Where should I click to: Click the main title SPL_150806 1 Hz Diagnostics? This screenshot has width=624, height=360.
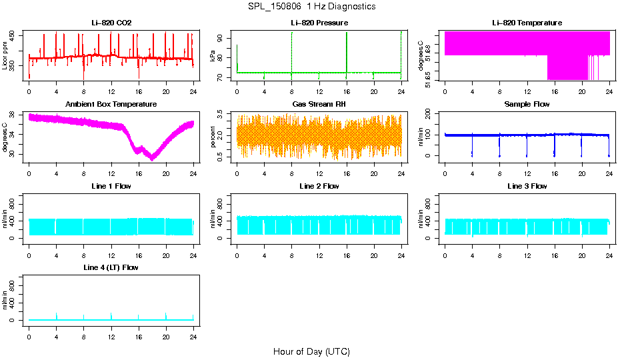(x=312, y=7)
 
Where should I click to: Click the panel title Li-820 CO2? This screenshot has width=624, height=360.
(x=111, y=23)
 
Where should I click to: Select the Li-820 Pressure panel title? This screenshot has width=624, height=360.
(x=319, y=23)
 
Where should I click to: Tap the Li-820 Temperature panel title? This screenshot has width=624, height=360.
(x=527, y=23)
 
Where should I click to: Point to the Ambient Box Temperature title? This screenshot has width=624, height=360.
(x=111, y=105)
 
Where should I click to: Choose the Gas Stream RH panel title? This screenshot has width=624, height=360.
(x=319, y=105)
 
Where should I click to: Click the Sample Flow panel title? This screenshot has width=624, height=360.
(x=527, y=105)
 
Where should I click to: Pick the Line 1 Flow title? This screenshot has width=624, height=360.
(x=111, y=186)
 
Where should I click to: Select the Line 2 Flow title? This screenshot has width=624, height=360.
(x=319, y=186)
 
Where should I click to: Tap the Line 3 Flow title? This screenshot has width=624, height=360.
(x=527, y=186)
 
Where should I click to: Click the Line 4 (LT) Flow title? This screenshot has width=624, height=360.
(x=111, y=267)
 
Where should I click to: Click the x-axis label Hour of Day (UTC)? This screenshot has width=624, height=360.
(x=311, y=351)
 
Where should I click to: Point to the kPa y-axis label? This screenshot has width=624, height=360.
(x=213, y=56)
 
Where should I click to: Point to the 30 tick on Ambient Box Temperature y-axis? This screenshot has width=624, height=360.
(x=13, y=155)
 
